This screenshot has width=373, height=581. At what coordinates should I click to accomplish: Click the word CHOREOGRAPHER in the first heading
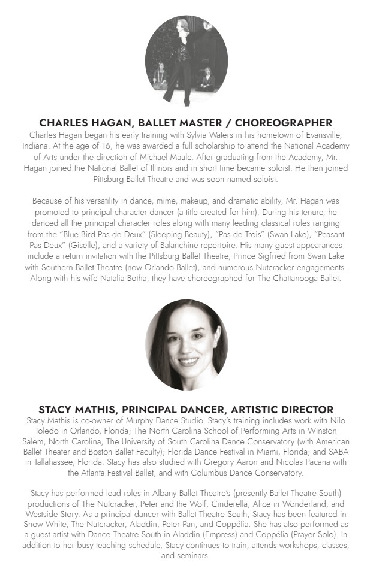[282, 123]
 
